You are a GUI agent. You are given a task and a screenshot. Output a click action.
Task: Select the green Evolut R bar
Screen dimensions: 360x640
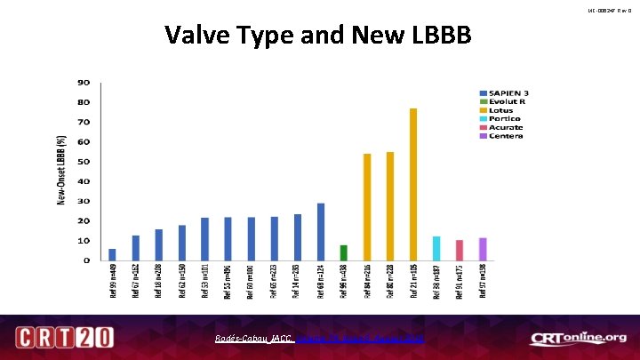point(343,252)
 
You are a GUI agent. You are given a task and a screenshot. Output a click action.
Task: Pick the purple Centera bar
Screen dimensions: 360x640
point(483,249)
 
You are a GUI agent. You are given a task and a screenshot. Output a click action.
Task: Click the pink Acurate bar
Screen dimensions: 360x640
point(460,250)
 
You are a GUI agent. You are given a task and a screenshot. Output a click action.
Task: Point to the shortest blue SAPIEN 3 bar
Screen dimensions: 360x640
point(112,254)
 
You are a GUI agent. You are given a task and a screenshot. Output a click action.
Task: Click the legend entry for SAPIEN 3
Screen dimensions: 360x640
point(506,92)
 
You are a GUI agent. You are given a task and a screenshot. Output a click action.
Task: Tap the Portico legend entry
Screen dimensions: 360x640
point(502,118)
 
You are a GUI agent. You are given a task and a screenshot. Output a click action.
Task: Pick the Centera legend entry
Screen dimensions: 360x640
point(502,135)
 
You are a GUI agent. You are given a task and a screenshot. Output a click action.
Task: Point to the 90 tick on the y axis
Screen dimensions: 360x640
point(84,83)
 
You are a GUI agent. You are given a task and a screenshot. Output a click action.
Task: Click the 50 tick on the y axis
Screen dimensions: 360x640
point(84,162)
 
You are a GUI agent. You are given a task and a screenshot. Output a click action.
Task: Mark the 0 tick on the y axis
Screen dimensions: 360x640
point(86,260)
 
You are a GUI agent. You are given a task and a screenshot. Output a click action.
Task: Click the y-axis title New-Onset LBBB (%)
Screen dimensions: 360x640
point(61,171)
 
